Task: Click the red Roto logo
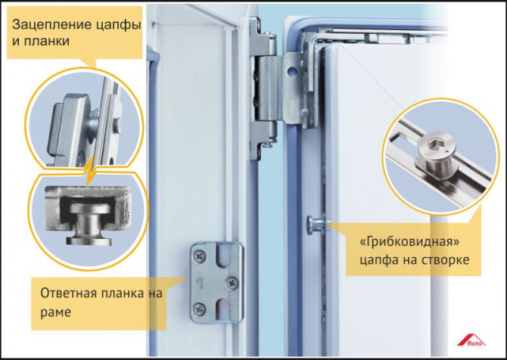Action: point(471,341)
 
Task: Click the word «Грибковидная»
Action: point(409,242)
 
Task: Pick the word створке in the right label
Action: point(443,259)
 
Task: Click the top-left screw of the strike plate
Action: point(199,256)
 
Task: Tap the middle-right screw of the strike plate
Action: point(232,282)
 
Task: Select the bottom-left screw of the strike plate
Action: point(199,309)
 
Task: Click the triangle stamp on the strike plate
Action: point(198,284)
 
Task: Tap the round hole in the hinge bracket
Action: point(292,71)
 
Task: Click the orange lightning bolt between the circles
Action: point(90,170)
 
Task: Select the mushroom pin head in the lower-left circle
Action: point(89,208)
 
